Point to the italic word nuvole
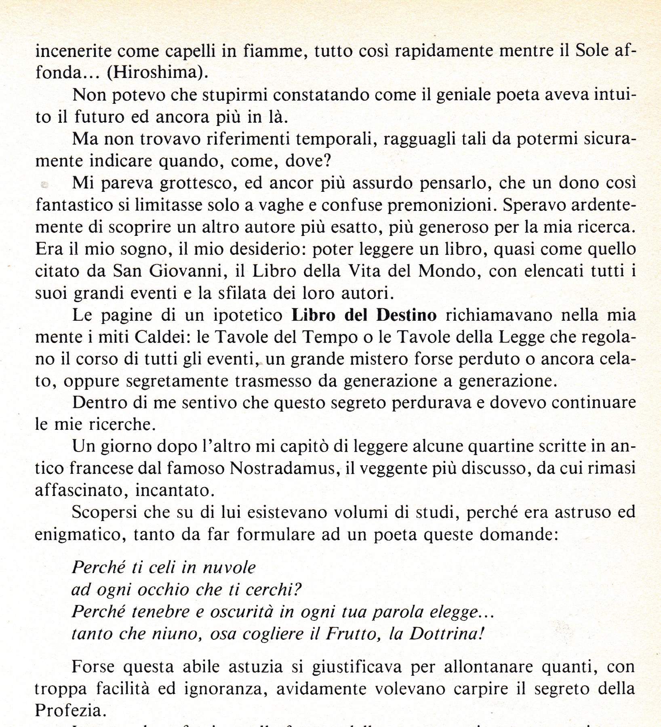(229, 568)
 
